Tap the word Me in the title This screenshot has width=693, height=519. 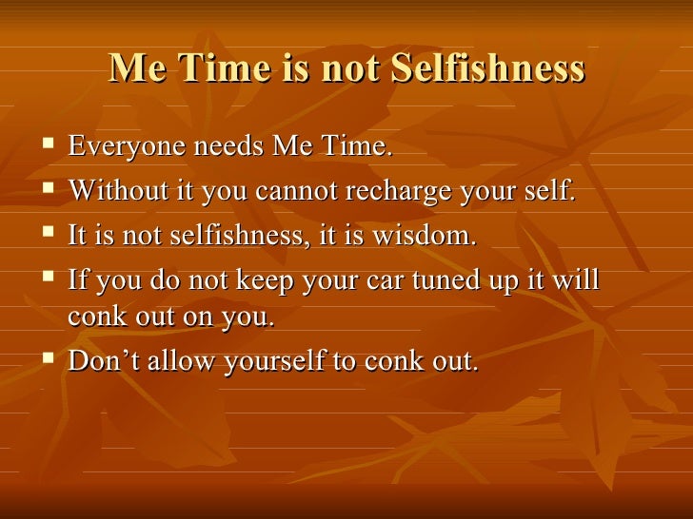[x=133, y=68]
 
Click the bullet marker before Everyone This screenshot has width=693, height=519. [x=47, y=147]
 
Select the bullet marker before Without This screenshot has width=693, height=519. [x=47, y=191]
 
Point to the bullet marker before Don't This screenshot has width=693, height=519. [x=47, y=361]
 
